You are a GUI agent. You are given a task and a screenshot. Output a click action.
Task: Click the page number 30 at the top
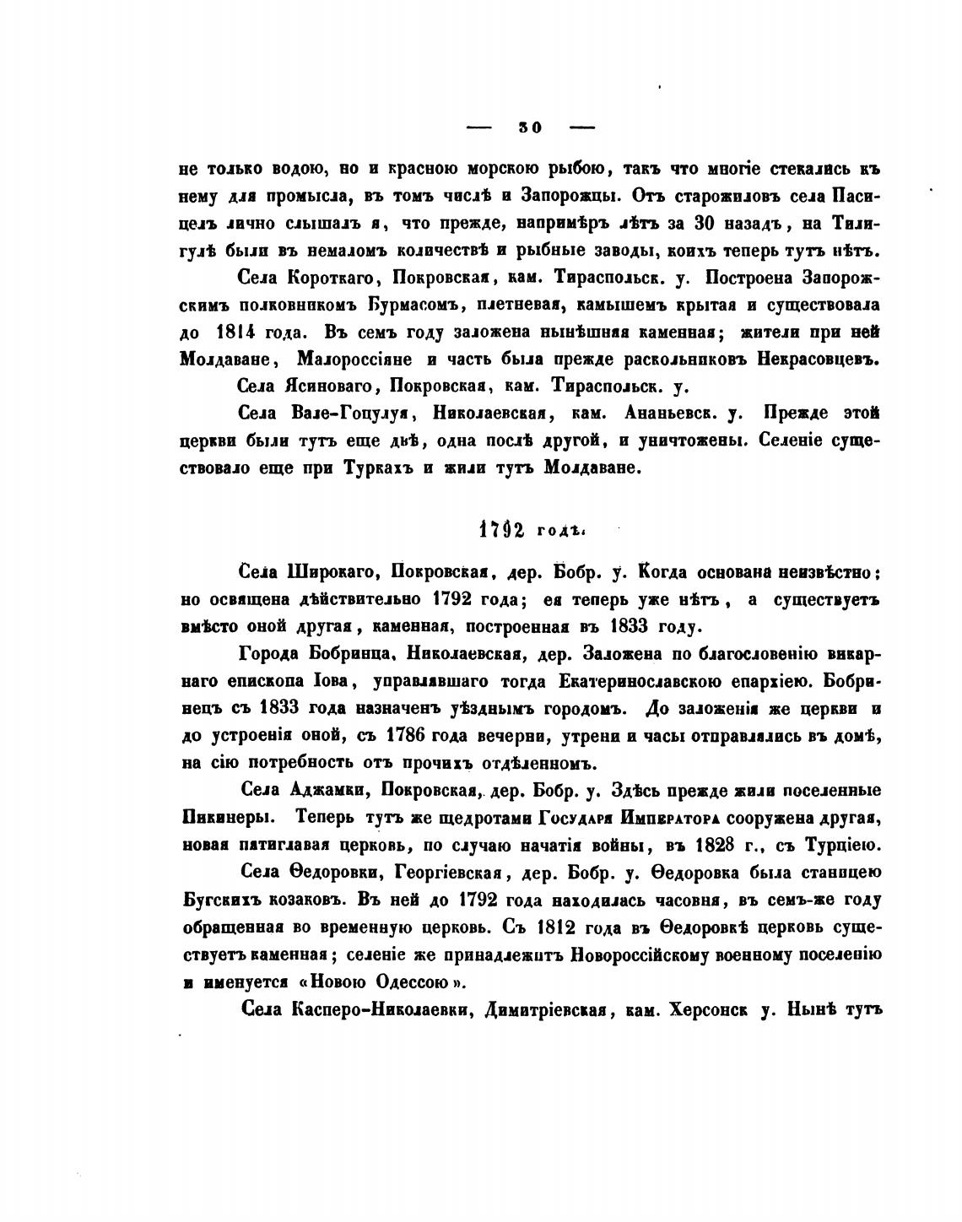(x=531, y=127)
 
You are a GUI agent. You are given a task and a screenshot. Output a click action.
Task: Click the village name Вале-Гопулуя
(x=349, y=414)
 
